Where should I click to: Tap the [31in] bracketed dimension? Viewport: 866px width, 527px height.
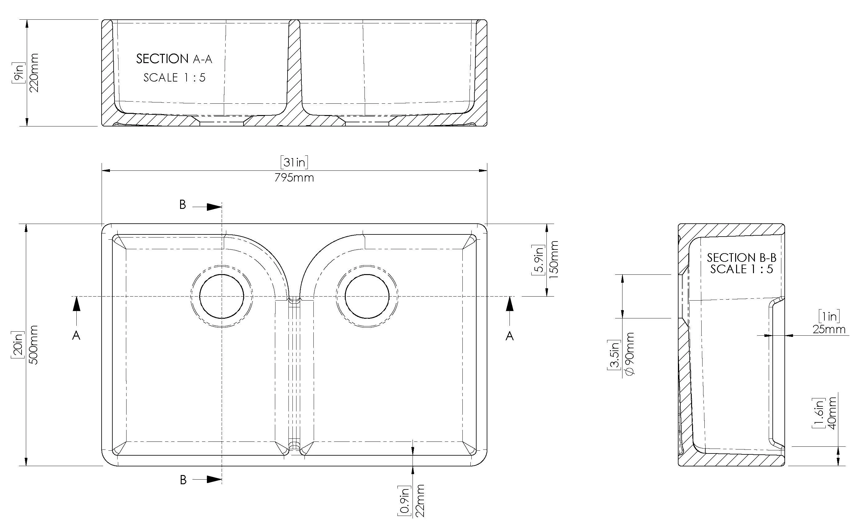coord(294,162)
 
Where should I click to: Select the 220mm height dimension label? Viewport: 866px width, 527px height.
coord(34,73)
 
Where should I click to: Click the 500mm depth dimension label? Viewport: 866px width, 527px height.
coord(34,345)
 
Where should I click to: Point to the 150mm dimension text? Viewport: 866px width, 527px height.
coord(554,260)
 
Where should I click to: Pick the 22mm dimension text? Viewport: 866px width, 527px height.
coord(420,501)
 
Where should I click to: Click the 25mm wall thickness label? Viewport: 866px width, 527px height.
coord(829,329)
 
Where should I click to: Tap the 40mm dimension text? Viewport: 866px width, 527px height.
coord(832,413)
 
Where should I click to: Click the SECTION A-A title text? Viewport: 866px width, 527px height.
coord(174,59)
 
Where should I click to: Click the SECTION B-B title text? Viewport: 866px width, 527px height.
coord(742,258)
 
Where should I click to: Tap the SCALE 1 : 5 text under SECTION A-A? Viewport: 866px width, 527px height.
coord(174,78)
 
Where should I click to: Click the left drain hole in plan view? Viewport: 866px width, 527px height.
coord(221,297)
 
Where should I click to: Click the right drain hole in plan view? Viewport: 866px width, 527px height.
coord(367,297)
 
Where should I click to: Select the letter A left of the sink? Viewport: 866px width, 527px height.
coord(76,336)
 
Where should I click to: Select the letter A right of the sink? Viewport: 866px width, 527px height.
coord(510,336)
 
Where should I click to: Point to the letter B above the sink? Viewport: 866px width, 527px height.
coord(183,205)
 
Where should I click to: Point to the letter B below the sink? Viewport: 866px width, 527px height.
coord(183,480)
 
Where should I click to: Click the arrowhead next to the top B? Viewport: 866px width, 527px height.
coord(214,207)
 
